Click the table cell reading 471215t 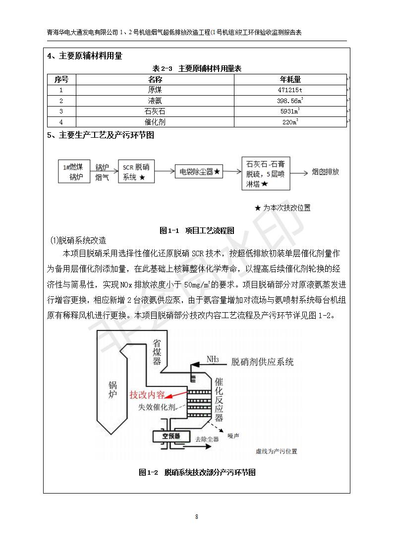coord(290,90)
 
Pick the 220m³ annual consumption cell coord(290,122)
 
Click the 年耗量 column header coord(290,79)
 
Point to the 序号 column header coord(61,79)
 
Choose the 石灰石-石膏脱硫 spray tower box coord(266,173)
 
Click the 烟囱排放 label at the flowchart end coord(325,172)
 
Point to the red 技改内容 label coord(147,395)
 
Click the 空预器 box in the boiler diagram coord(171,436)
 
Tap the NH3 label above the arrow coord(214,359)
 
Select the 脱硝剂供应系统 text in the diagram coord(263,362)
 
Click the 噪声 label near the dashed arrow coord(233,436)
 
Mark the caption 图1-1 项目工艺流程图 coord(197,230)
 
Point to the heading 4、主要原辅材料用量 coord(84,56)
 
